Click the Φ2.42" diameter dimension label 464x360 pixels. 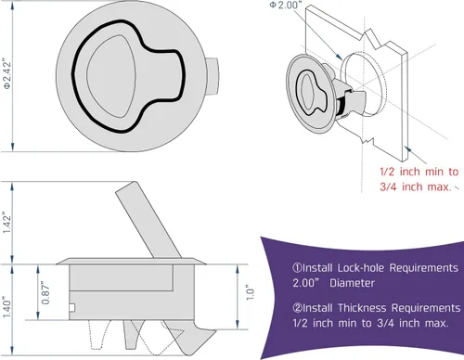pos(7,73)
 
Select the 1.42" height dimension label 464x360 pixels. pos(6,223)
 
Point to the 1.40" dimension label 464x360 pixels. pos(6,307)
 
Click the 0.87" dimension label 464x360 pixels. pos(45,292)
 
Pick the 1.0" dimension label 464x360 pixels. pos(250,292)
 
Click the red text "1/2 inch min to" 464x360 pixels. pos(419,172)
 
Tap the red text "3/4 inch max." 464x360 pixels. pos(416,186)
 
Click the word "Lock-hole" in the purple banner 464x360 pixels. pos(361,268)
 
